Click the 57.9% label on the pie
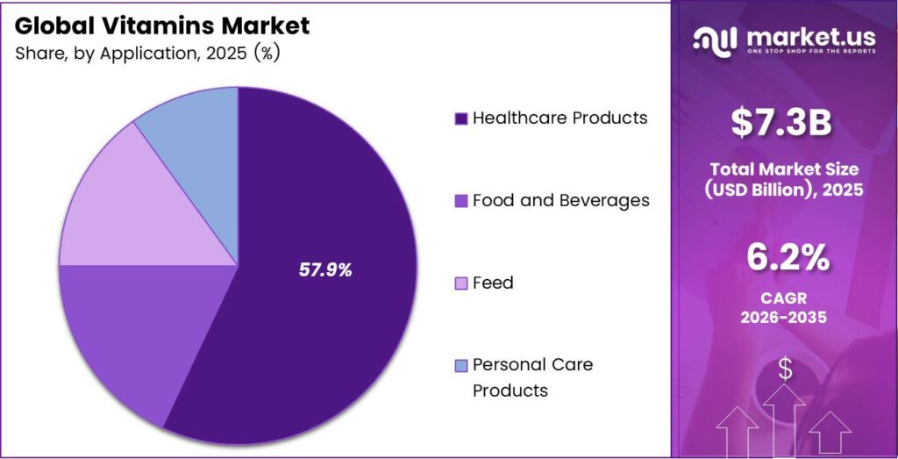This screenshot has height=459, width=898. point(325,270)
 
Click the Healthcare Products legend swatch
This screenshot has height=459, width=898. point(460,118)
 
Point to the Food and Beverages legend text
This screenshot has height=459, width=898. point(560,200)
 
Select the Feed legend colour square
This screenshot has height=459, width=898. point(460,283)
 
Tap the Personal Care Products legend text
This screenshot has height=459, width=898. point(532,377)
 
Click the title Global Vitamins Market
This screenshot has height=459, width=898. point(162,25)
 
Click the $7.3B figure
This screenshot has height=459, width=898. point(782,124)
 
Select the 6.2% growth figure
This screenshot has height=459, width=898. point(782,258)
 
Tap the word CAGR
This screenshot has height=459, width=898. point(782,298)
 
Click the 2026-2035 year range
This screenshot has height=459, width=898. point(782,318)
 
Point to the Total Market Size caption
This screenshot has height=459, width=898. point(782,178)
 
